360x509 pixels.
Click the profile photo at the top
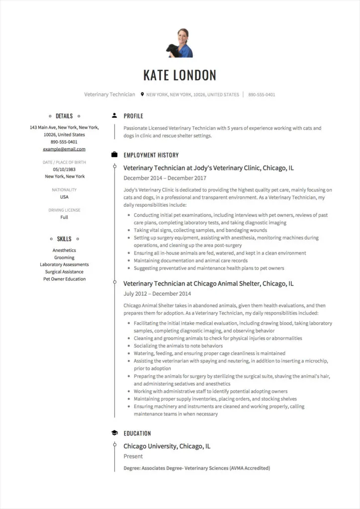pyautogui.click(x=180, y=43)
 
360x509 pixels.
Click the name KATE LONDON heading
pyautogui.click(x=180, y=75)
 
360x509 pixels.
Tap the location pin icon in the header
pyautogui.click(x=142, y=94)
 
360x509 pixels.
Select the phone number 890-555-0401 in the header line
pyautogui.click(x=262, y=94)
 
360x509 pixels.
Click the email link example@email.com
pyautogui.click(x=64, y=149)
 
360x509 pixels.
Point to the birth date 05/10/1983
pyautogui.click(x=64, y=169)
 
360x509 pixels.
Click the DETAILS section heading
pyautogui.click(x=64, y=116)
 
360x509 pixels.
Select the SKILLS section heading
pyautogui.click(x=64, y=239)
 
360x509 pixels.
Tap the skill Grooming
pyautogui.click(x=64, y=257)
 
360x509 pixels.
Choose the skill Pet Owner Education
pyautogui.click(x=64, y=279)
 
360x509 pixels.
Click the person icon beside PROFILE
pyautogui.click(x=114, y=116)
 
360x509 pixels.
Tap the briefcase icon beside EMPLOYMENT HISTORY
pyautogui.click(x=114, y=155)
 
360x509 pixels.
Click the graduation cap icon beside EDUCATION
pyautogui.click(x=114, y=433)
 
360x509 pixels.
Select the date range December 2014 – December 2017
pyautogui.click(x=165, y=178)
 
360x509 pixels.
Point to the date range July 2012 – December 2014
pyautogui.click(x=157, y=294)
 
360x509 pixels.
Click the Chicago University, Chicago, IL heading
pyautogui.click(x=167, y=446)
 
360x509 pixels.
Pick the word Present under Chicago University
pyautogui.click(x=133, y=456)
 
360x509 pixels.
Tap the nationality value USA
pyautogui.click(x=64, y=197)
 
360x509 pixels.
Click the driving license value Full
pyautogui.click(x=64, y=217)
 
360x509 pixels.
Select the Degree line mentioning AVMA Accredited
pyautogui.click(x=196, y=468)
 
